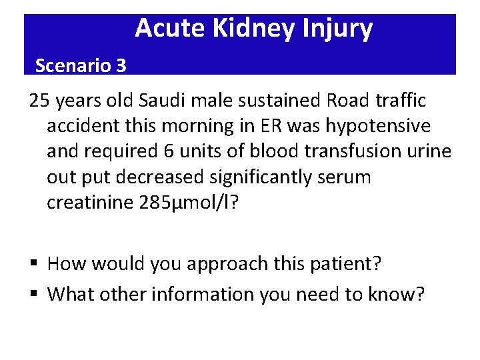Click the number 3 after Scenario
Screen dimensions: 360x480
tap(120, 65)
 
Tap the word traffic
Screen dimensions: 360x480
tap(401, 101)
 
